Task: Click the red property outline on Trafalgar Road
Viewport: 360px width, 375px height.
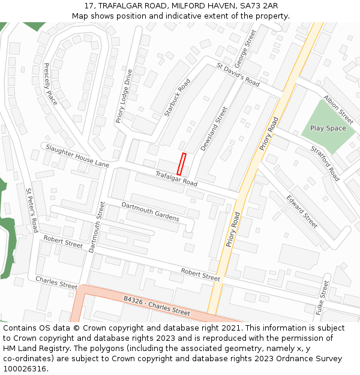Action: (x=181, y=164)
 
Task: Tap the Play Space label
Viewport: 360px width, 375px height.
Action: (x=328, y=128)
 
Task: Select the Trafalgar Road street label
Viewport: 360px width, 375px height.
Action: (x=176, y=178)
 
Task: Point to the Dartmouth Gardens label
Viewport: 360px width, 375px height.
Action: (x=150, y=211)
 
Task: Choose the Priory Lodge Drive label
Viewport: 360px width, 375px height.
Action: (x=123, y=96)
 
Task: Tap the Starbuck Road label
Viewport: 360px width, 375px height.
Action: (x=177, y=97)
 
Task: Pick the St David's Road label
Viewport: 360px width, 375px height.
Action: (x=238, y=75)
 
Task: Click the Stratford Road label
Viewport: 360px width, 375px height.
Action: (x=325, y=163)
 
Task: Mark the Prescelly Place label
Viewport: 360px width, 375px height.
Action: (x=50, y=83)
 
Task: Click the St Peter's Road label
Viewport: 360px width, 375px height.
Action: (x=32, y=209)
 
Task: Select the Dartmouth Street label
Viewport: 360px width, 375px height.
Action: (x=96, y=227)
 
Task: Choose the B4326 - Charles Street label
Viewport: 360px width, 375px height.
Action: (x=157, y=306)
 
